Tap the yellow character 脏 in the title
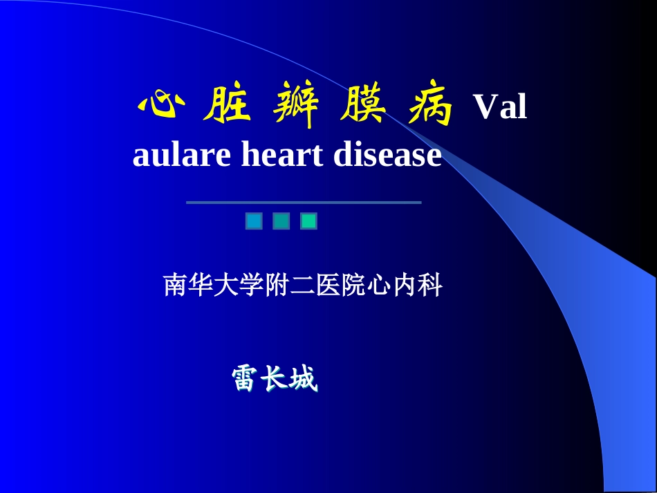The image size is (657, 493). (226, 107)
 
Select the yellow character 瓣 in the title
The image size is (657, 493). (295, 107)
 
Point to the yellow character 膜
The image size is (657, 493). (364, 107)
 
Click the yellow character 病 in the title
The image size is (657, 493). (430, 107)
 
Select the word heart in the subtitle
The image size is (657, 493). (281, 155)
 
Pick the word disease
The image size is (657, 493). (387, 155)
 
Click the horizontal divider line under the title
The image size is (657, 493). (304, 203)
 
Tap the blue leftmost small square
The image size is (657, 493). (254, 221)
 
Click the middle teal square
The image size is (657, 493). (281, 221)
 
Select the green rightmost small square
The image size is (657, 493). (308, 221)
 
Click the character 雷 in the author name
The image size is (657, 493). (246, 379)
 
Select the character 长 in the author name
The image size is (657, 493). (275, 379)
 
